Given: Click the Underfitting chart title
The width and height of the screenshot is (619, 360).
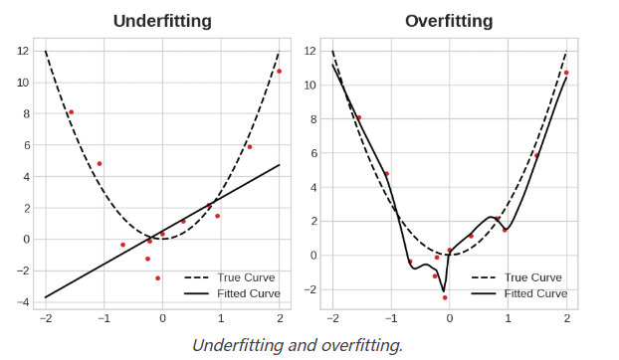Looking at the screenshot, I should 162,21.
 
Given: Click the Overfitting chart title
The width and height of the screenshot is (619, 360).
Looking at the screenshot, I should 449,21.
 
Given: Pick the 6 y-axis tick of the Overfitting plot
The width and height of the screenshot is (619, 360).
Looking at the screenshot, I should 310,153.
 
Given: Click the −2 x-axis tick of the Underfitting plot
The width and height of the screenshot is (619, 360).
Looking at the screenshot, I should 45,319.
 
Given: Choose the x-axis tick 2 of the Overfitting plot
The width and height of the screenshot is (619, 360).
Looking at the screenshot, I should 566,319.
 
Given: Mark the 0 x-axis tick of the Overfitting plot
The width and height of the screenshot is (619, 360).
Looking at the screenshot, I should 450,319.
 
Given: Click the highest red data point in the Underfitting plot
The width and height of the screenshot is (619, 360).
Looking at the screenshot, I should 279,72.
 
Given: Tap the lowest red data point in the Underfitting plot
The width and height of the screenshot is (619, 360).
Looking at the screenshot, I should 157,278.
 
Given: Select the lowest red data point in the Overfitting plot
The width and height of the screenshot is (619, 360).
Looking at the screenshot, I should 445,297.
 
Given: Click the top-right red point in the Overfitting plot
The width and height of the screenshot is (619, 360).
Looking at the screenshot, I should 566,73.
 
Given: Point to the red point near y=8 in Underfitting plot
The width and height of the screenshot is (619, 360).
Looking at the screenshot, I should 71,112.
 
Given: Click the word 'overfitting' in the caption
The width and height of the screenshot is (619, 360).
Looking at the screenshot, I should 362,345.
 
